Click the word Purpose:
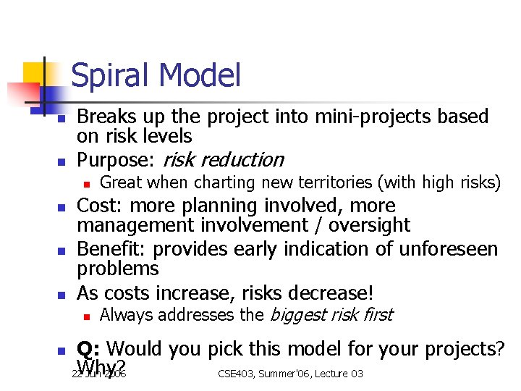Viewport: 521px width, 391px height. click(117, 159)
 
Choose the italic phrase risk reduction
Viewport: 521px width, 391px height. click(224, 159)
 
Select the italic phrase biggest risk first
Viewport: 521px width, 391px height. click(330, 315)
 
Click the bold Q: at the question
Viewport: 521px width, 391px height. click(88, 349)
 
